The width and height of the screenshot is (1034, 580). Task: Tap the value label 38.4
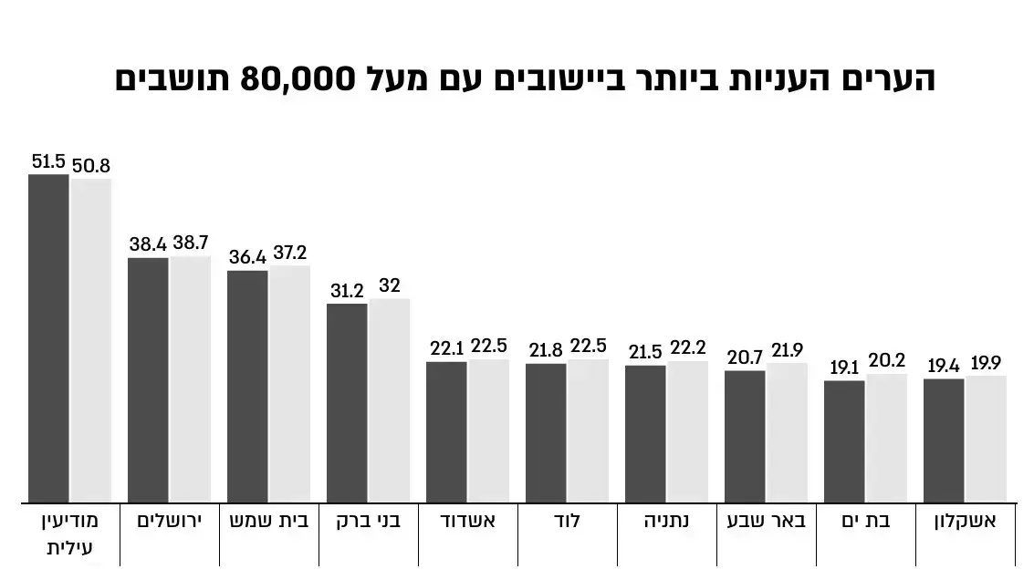[x=147, y=244]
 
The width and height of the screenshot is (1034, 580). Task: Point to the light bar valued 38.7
[x=190, y=378]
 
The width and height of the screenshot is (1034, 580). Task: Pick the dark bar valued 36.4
[x=247, y=386]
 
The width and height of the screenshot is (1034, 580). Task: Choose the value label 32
[x=390, y=285]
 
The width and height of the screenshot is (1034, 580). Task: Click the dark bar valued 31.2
[x=347, y=402]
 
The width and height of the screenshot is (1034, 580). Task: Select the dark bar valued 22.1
[x=446, y=431]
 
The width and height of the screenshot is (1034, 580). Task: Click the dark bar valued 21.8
[x=546, y=432]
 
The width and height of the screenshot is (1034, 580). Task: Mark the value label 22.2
[x=687, y=347]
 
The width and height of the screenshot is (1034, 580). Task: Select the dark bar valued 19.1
[x=844, y=440]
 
